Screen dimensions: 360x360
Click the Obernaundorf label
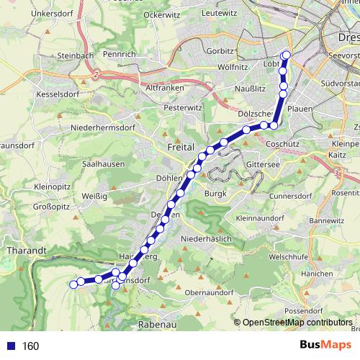(209, 292)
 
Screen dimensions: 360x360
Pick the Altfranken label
(163, 87)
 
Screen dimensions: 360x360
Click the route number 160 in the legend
(31, 346)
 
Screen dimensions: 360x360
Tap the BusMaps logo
(324, 346)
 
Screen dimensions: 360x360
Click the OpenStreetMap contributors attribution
(297, 323)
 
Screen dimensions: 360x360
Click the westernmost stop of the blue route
(73, 284)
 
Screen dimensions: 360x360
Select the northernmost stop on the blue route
(287, 55)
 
